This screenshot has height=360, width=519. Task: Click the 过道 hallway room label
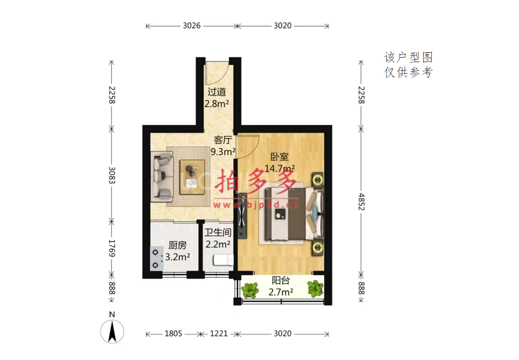[x=217, y=92]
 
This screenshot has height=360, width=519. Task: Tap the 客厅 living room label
[x=223, y=140]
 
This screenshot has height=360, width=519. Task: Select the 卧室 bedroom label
[x=279, y=157]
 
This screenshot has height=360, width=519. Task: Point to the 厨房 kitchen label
[x=178, y=245]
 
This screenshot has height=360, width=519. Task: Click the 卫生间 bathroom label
[x=218, y=232]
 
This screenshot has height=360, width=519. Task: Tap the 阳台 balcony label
[x=281, y=281]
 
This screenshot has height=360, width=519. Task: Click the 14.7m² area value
[x=279, y=168]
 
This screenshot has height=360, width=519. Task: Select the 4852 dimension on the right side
[x=361, y=202]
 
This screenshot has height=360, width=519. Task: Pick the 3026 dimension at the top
[x=192, y=26]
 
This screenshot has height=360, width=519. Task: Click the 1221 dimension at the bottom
[x=219, y=334]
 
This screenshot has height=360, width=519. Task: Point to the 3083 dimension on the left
[x=112, y=175]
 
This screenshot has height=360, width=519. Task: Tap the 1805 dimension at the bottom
[x=173, y=334]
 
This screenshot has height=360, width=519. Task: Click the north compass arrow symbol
[x=112, y=331]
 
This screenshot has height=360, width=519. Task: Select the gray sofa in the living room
[x=162, y=176]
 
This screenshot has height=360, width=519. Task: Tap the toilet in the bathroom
[x=223, y=260]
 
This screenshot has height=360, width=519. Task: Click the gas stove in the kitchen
[x=156, y=259]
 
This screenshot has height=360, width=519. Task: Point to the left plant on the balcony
[x=250, y=290]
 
